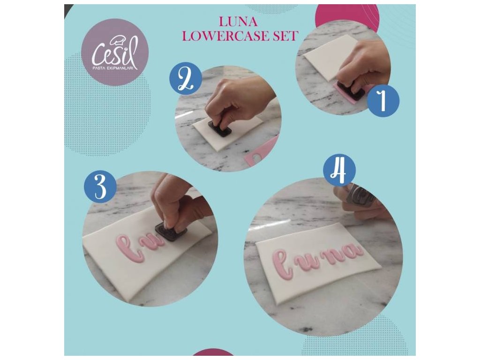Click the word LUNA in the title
pyautogui.click(x=238, y=22)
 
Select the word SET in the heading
pyautogui.click(x=285, y=36)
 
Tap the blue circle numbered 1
pyautogui.click(x=383, y=101)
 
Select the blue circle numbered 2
pyautogui.click(x=186, y=79)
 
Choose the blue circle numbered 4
pyautogui.click(x=340, y=170)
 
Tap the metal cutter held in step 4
pyautogui.click(x=362, y=194)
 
